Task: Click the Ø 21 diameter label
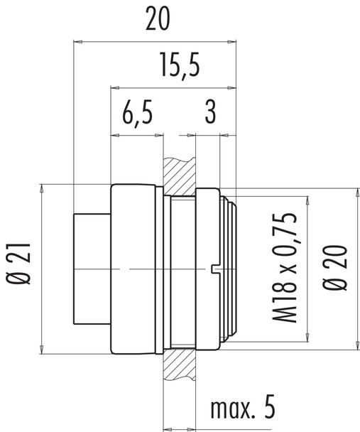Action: click(x=23, y=266)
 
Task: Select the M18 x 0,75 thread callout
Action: click(x=288, y=268)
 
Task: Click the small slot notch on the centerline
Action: click(x=214, y=269)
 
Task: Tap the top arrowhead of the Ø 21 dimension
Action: click(x=43, y=188)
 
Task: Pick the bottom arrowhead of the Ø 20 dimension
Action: click(x=355, y=347)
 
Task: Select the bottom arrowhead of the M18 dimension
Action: click(x=307, y=339)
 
